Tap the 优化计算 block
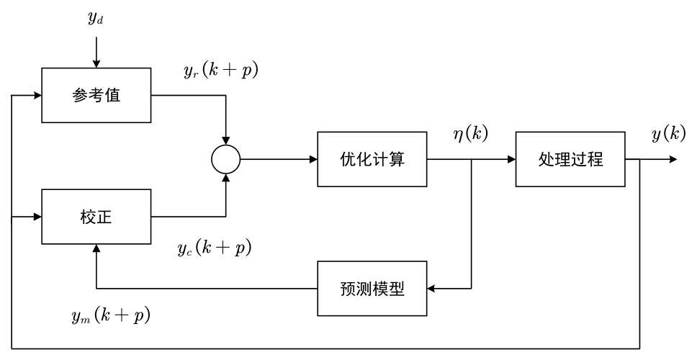pyautogui.click(x=372, y=159)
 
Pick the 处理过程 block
pyautogui.click(x=569, y=159)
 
